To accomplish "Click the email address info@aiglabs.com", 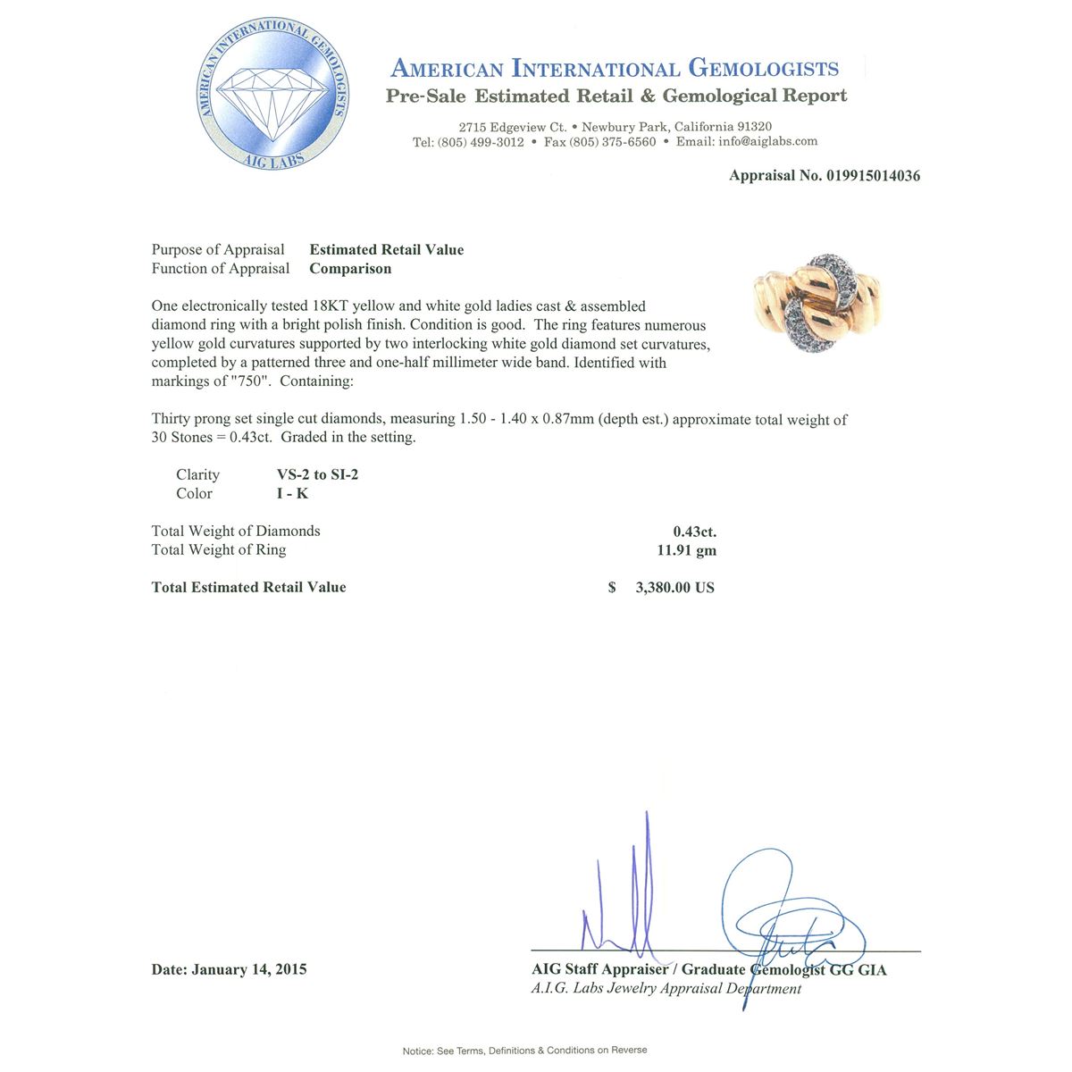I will [x=768, y=141].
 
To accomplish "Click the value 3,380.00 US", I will [x=674, y=588].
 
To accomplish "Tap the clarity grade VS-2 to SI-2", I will [x=317, y=475].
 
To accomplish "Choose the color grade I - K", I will [x=292, y=494].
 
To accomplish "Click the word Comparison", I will [x=350, y=269].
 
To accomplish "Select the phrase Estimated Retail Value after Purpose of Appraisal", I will [x=387, y=250].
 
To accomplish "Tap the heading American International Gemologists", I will [x=615, y=69].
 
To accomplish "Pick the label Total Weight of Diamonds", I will [x=236, y=532].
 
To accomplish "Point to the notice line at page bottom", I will [x=524, y=1051].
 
